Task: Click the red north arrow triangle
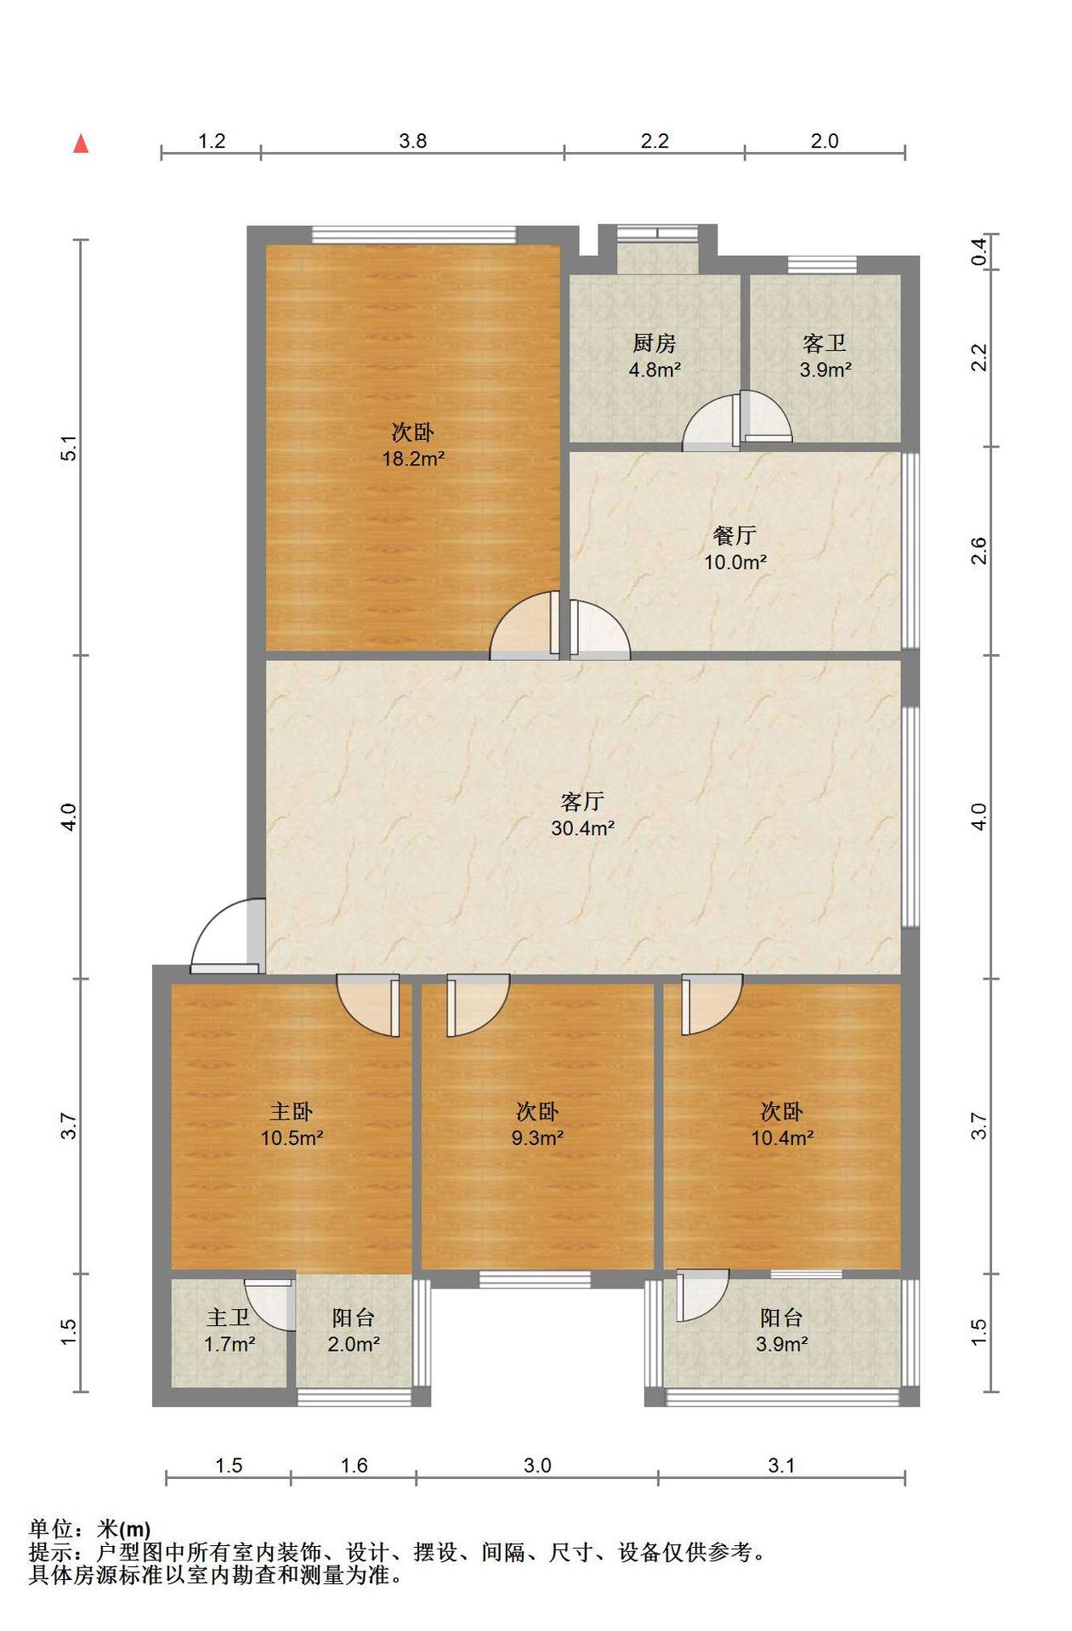81,144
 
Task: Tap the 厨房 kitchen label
655,343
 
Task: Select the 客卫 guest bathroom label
825,343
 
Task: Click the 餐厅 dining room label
735,535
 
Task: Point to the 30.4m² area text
583,827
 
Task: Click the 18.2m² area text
413,459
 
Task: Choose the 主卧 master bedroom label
292,1111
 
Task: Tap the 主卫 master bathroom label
229,1318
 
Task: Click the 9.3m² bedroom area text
537,1137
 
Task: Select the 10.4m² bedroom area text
782,1137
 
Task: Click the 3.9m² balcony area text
782,1344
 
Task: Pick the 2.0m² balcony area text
354,1344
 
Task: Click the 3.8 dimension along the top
413,141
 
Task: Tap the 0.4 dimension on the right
979,251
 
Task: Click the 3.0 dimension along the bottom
537,1465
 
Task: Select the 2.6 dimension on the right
979,550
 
